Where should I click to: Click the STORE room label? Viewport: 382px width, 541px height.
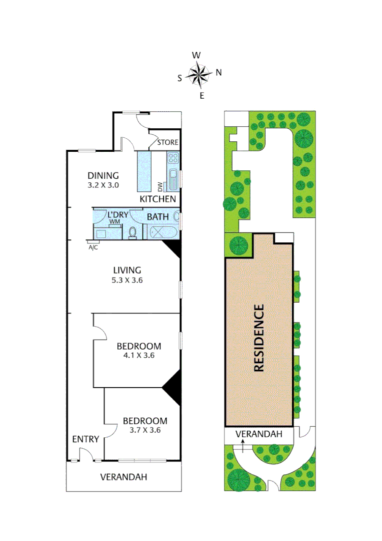[x=167, y=142]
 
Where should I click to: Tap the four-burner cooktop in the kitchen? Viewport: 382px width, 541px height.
[x=173, y=158]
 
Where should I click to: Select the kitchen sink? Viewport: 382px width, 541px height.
[x=172, y=179]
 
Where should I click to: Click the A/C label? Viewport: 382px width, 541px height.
[x=92, y=247]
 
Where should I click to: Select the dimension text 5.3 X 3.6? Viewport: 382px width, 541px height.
[x=126, y=280]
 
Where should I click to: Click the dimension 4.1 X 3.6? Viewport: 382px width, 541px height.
[x=138, y=356]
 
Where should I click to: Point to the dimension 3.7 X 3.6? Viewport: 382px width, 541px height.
[x=145, y=430]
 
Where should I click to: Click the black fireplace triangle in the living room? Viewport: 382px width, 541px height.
[x=173, y=248]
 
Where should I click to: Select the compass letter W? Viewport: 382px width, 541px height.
[x=197, y=55]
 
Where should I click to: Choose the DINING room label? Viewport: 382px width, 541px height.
[x=103, y=176]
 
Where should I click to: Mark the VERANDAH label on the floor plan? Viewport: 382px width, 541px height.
[x=123, y=477]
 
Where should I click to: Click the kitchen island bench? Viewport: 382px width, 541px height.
[x=144, y=170]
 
